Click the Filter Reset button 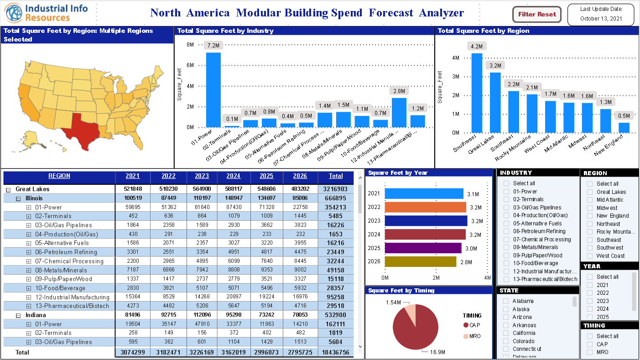pyautogui.click(x=537, y=14)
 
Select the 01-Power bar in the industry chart pyautogui.click(x=213, y=89)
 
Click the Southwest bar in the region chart pyautogui.click(x=477, y=93)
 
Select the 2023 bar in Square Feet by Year pyautogui.click(x=426, y=221)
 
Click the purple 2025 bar pyautogui.click(x=423, y=248)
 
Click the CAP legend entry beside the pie pyautogui.click(x=472, y=325)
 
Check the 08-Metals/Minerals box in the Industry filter pyautogui.click(x=506, y=247)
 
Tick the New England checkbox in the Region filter pyautogui.click(x=590, y=216)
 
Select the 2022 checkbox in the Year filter pyautogui.click(x=590, y=293)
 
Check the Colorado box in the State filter pyautogui.click(x=506, y=341)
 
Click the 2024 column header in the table pyautogui.click(x=233, y=176)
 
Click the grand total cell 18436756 pyautogui.click(x=336, y=352)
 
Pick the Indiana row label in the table pyautogui.click(x=36, y=315)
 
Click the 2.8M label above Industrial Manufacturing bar pyautogui.click(x=399, y=91)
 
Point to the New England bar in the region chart pyautogui.click(x=624, y=128)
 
